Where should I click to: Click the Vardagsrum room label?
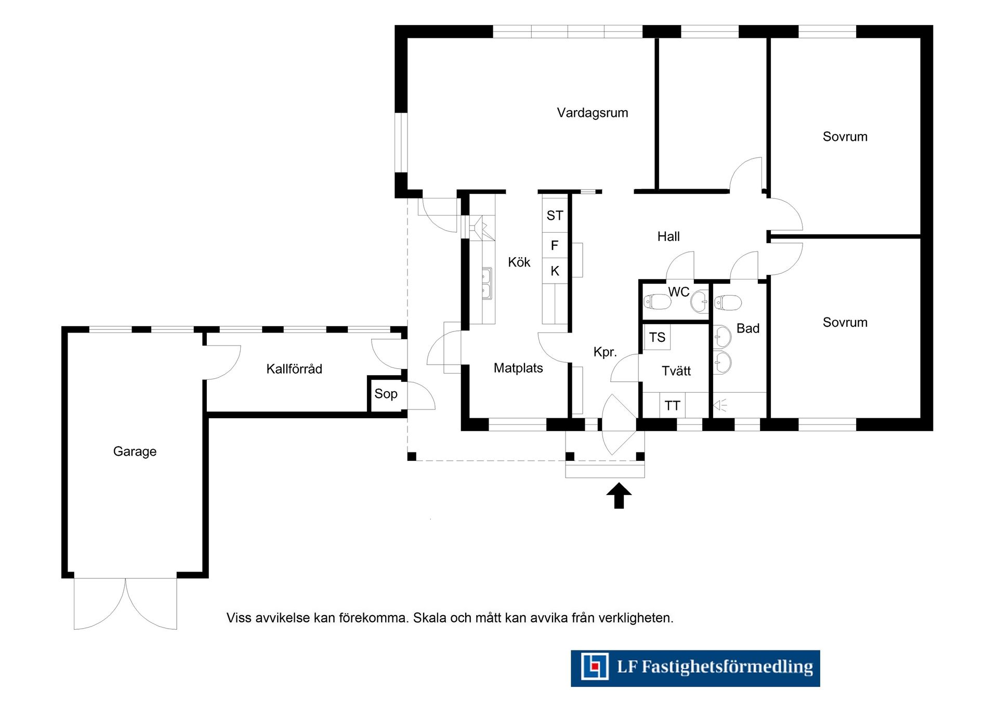click(x=593, y=113)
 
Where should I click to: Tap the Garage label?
click(x=135, y=451)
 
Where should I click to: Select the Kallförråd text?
click(x=294, y=369)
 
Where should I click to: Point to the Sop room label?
click(x=386, y=394)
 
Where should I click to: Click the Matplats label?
click(x=518, y=368)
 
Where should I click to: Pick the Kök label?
click(x=519, y=262)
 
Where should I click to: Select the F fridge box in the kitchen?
click(x=555, y=245)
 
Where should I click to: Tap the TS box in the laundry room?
click(x=657, y=337)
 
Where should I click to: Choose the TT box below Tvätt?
click(x=672, y=405)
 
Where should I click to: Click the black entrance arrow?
click(x=619, y=496)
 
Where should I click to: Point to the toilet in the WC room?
click(x=657, y=301)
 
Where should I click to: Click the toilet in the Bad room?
click(x=728, y=302)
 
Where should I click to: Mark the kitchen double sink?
click(x=487, y=284)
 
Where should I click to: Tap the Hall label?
click(x=668, y=237)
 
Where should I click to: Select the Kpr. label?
click(x=605, y=352)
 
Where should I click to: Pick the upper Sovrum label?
click(x=845, y=137)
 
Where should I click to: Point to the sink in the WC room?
click(x=700, y=301)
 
